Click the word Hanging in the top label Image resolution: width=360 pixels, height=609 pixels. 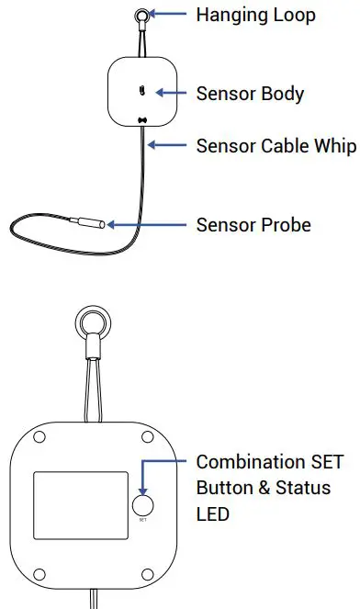coord(229,15)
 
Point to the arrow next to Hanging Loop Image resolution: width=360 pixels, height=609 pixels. coord(169,15)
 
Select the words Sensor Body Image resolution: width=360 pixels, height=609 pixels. coord(250,94)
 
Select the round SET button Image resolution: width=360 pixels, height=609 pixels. coord(142,505)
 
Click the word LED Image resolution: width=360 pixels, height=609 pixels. coord(213,513)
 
